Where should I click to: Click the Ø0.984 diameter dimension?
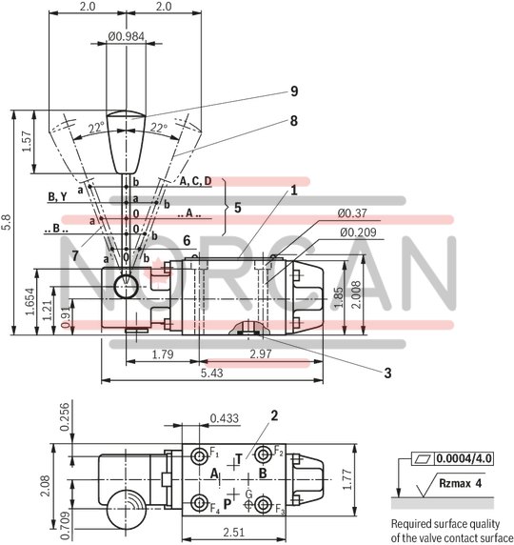coord(127,37)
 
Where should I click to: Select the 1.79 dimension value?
coord(162,354)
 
